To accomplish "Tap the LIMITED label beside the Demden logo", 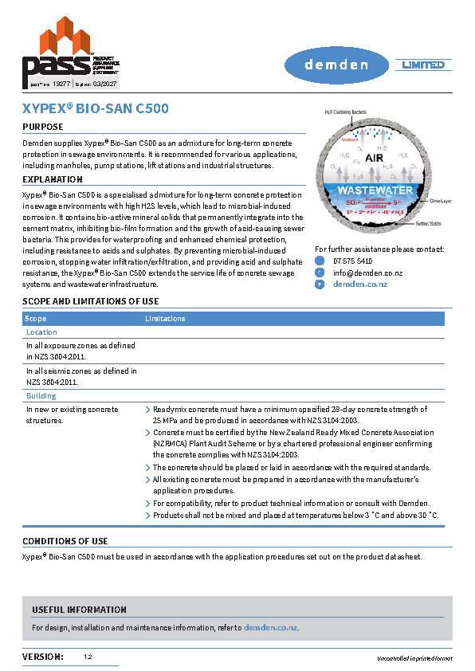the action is tap(423, 65).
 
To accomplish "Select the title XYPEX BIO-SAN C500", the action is tap(95, 109).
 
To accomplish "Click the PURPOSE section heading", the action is tap(43, 127).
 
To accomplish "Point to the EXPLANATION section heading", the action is tap(53, 179).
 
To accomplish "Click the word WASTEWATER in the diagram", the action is tap(375, 190).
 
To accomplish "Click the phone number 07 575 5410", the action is tap(352, 261).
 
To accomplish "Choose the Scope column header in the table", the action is tap(36, 319).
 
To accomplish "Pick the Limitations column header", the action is tap(165, 319).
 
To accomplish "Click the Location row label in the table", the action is tap(41, 332).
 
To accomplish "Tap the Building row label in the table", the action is tap(41, 396).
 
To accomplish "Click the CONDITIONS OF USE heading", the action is tap(65, 542).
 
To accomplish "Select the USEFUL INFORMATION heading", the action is tap(79, 610).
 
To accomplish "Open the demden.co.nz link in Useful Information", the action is tap(270, 628).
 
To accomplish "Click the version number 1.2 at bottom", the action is tap(88, 657).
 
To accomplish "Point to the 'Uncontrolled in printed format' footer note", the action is tap(414, 658).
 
